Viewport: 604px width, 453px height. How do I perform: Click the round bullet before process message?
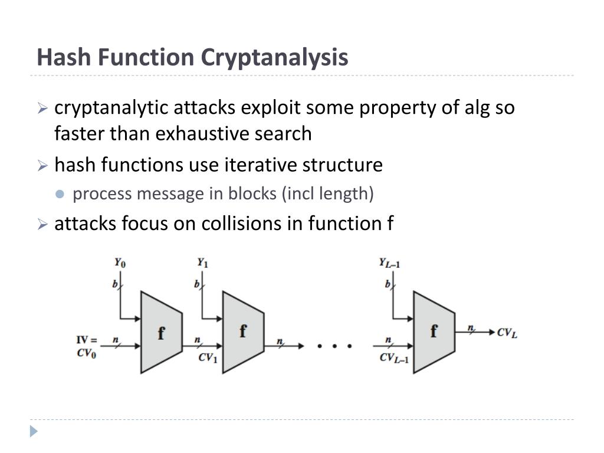click(x=60, y=195)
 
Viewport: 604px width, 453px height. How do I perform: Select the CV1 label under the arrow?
click(x=208, y=357)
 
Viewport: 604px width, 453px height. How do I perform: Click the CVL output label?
click(x=507, y=333)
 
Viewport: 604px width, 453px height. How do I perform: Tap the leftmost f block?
click(x=160, y=333)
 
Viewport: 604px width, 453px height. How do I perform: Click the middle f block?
click(x=242, y=331)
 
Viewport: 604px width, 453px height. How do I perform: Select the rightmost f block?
click(x=434, y=331)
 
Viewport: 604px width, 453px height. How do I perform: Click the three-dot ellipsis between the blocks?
click(x=334, y=346)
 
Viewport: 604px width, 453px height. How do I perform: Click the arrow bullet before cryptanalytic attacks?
click(x=42, y=109)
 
